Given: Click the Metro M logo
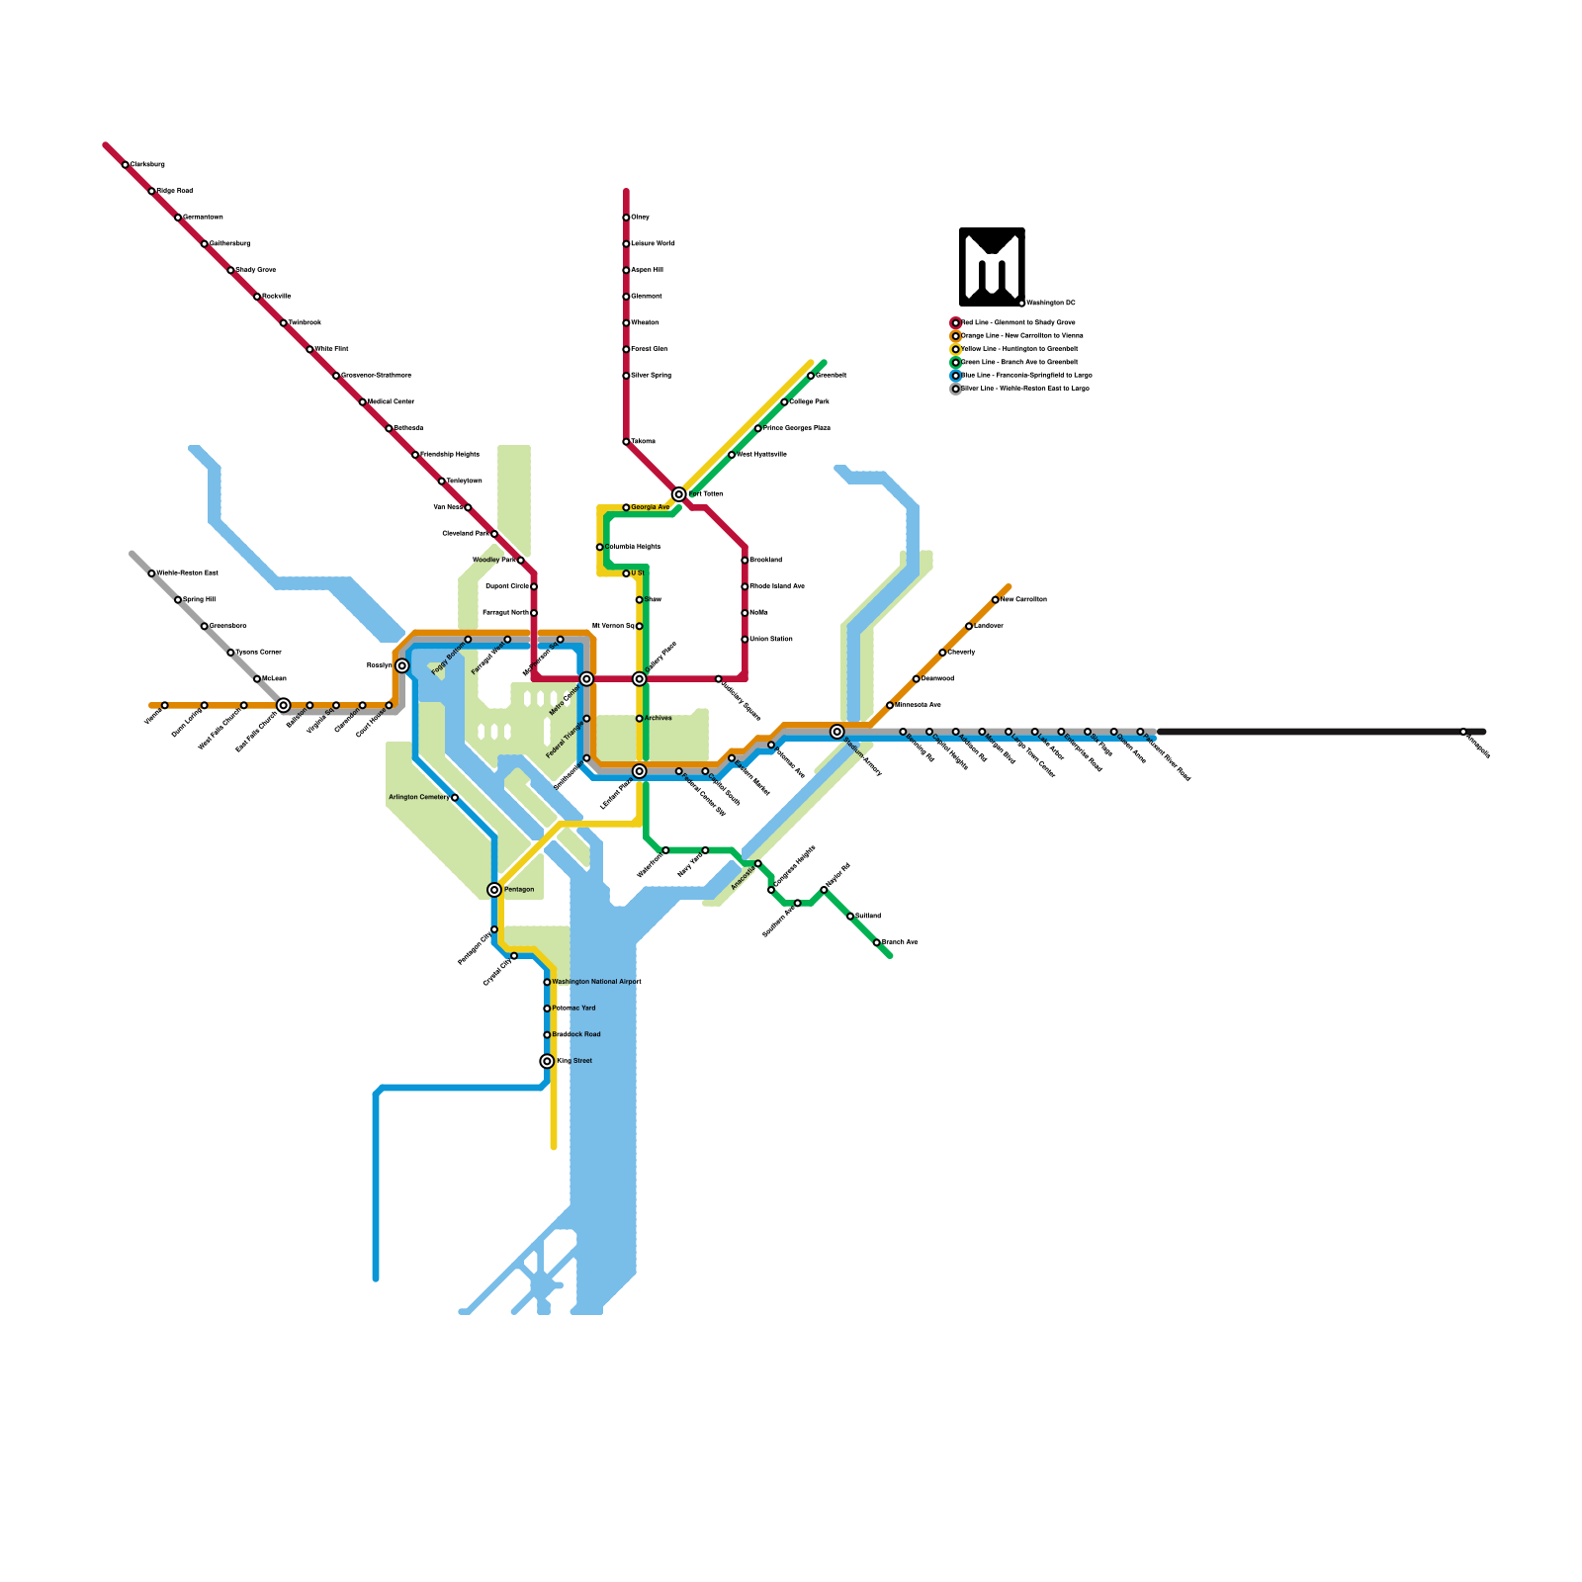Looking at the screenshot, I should [992, 266].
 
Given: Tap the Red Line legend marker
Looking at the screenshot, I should [955, 323].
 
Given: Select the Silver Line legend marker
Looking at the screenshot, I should [955, 389].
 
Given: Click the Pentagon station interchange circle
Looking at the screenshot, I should [494, 890].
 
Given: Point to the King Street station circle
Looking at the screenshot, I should [547, 1061].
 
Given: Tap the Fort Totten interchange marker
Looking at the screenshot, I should [679, 494].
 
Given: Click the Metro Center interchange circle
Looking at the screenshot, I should [586, 679].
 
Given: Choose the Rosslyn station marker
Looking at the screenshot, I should [402, 665].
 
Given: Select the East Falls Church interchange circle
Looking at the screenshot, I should [284, 705].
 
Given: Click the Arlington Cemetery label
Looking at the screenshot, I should [418, 797].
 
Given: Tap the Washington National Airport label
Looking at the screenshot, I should [596, 982].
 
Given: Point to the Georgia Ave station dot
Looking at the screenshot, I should [626, 507].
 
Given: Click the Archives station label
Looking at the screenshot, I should [658, 719].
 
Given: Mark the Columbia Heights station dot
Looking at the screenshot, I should [600, 547].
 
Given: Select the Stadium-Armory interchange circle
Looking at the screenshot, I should [837, 732].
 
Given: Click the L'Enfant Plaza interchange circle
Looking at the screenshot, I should [640, 771].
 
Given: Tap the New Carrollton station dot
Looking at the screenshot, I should [996, 600].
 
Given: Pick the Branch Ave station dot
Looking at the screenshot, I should [877, 942].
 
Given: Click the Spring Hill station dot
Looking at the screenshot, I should [178, 600].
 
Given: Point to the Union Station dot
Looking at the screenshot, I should [745, 640].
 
